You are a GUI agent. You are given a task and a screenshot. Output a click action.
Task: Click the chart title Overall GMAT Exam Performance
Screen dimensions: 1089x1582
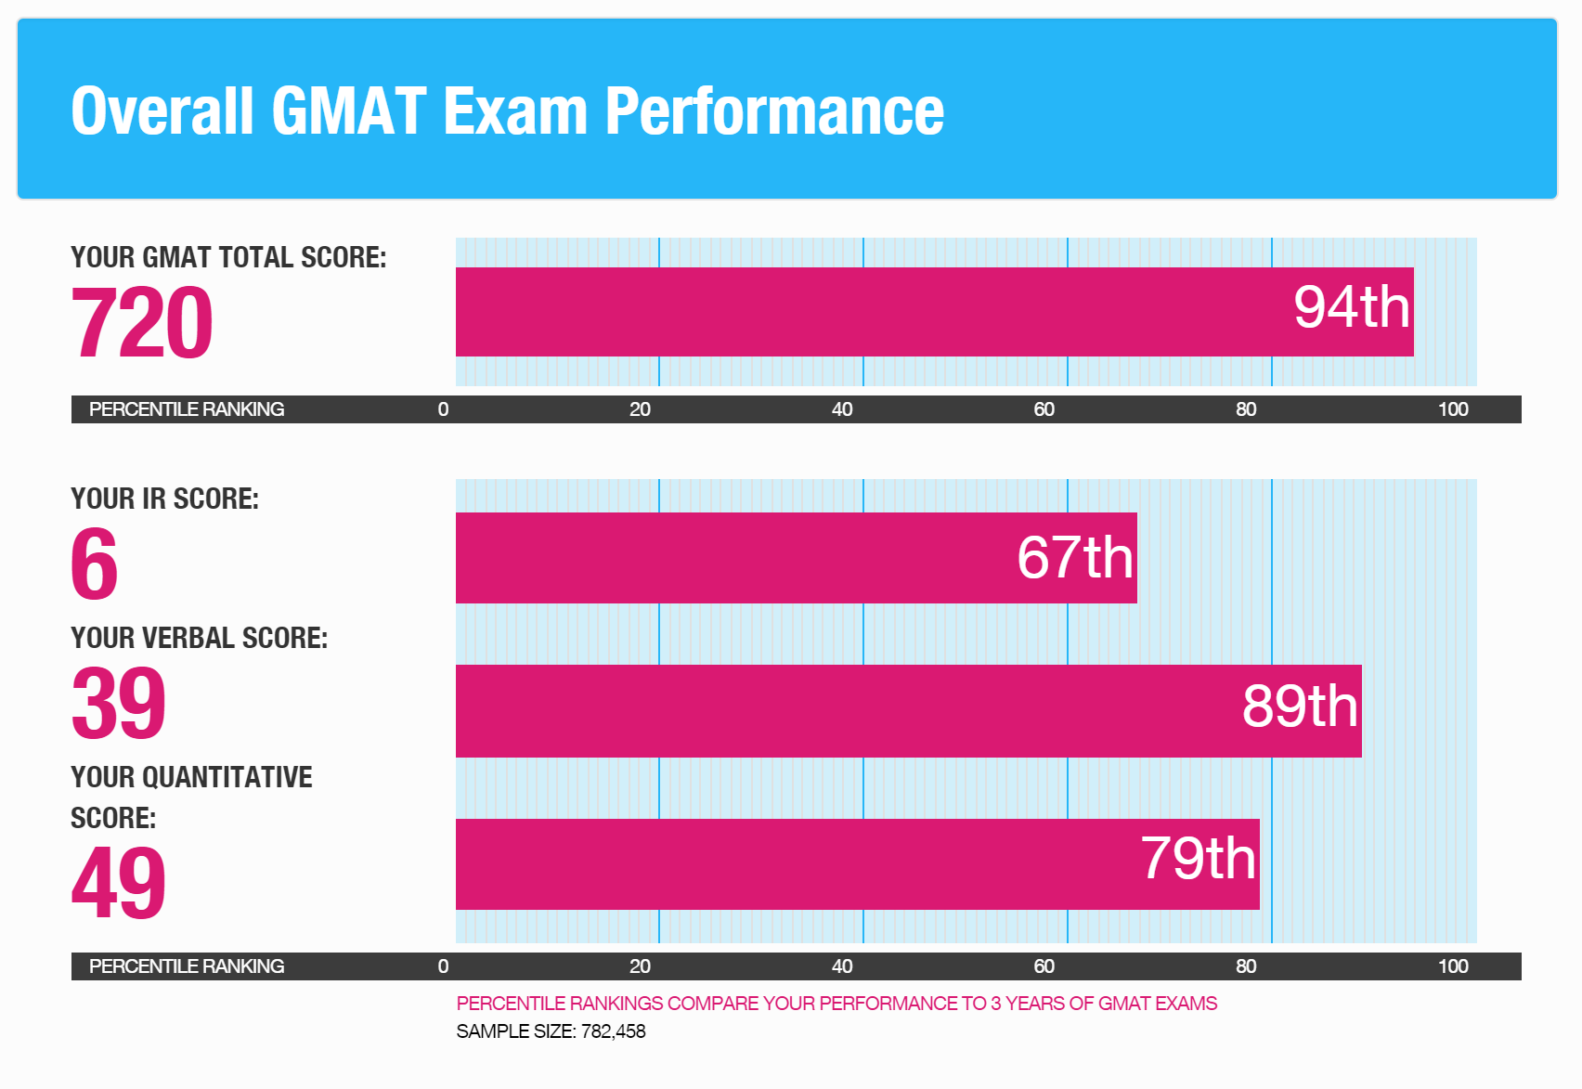pyautogui.click(x=507, y=110)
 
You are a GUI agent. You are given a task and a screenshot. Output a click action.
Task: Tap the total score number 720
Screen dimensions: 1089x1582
pyautogui.click(x=142, y=322)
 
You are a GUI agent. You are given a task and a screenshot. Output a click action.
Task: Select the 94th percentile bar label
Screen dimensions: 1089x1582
pyautogui.click(x=1351, y=307)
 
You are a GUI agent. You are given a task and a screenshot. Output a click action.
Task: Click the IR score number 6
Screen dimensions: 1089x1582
pyautogui.click(x=94, y=564)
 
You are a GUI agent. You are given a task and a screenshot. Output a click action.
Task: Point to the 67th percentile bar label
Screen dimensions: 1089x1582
pyautogui.click(x=1075, y=557)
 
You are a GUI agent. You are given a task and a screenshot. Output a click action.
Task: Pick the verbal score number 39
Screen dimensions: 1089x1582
pyautogui.click(x=119, y=703)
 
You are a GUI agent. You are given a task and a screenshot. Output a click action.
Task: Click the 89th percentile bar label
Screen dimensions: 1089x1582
pyautogui.click(x=1300, y=706)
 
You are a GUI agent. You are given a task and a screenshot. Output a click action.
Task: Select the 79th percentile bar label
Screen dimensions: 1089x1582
pyautogui.click(x=1198, y=858)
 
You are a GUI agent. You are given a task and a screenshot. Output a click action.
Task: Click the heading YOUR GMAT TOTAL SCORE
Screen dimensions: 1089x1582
pyautogui.click(x=228, y=257)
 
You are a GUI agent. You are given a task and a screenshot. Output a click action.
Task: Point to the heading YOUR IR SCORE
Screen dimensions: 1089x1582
pyautogui.click(x=164, y=499)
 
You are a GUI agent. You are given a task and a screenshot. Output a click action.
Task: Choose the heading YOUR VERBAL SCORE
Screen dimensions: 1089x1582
pyautogui.click(x=199, y=638)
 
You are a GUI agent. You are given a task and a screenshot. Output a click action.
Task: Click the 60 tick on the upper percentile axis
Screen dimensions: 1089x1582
pyautogui.click(x=1044, y=409)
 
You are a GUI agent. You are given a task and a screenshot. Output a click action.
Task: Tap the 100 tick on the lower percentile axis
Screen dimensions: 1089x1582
pyautogui.click(x=1452, y=966)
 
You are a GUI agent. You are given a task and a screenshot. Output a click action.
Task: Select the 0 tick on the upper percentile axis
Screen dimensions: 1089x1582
pyautogui.click(x=443, y=409)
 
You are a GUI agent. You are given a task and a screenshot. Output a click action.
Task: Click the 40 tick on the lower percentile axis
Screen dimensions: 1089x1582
pyautogui.click(x=841, y=966)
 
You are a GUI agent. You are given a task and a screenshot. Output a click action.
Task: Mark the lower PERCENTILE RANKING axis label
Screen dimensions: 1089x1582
pyautogui.click(x=187, y=966)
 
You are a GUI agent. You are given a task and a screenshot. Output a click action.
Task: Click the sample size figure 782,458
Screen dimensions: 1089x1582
pyautogui.click(x=613, y=1031)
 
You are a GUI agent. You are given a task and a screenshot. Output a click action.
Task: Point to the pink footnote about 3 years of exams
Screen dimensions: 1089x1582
pyautogui.click(x=836, y=1004)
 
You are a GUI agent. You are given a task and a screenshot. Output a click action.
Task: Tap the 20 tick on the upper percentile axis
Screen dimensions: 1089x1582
pyautogui.click(x=640, y=409)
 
